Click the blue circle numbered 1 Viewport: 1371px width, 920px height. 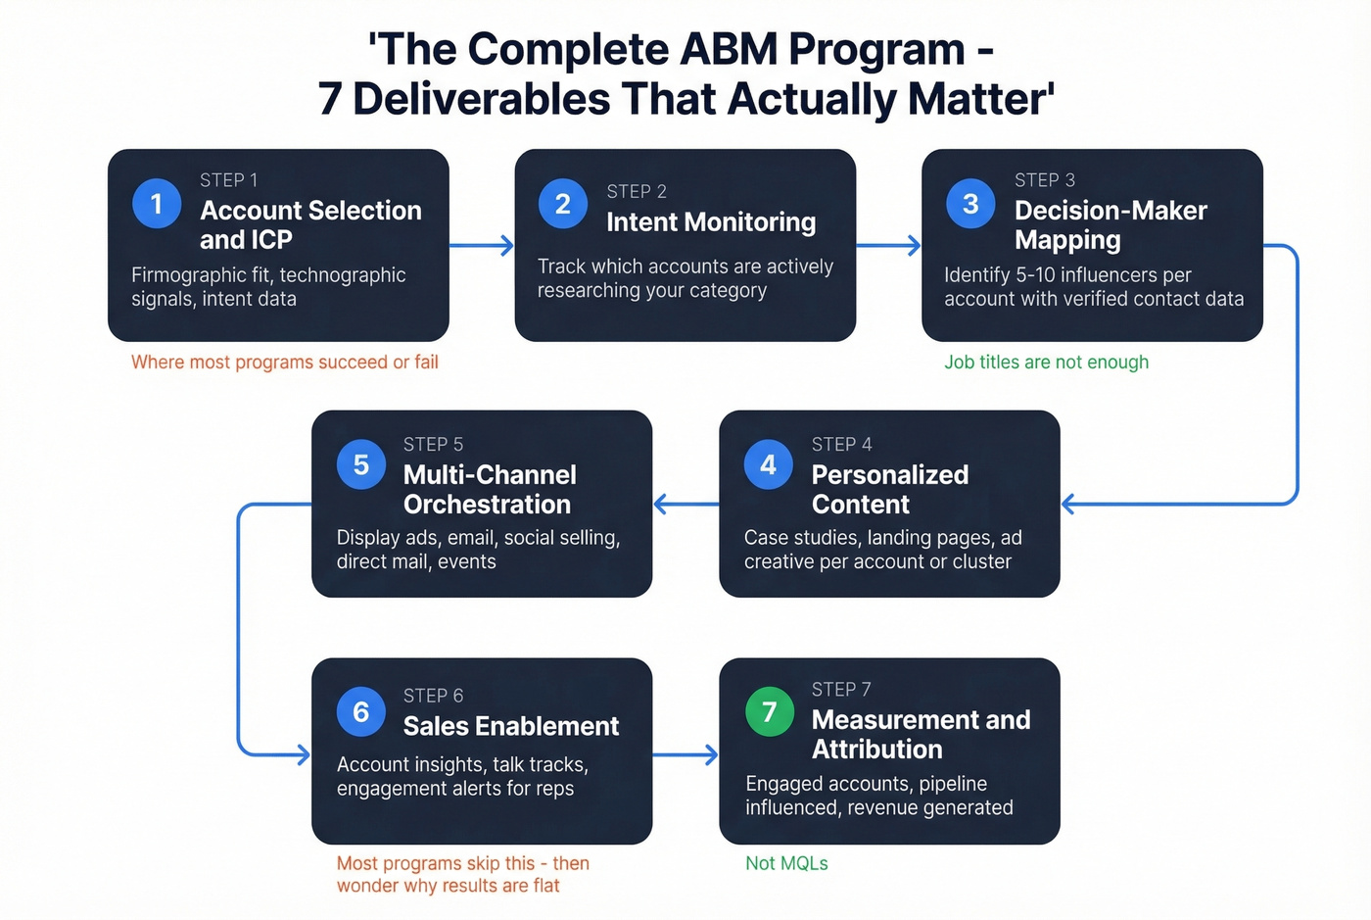point(157,204)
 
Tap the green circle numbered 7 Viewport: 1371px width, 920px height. point(770,712)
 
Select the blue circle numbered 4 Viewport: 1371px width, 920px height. point(769,464)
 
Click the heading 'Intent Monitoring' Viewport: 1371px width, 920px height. point(711,222)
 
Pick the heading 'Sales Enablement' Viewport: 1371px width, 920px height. point(511,726)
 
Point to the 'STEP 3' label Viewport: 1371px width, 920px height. point(1045,180)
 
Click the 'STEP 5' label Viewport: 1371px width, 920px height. point(433,445)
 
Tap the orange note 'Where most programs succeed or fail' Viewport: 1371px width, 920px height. point(285,363)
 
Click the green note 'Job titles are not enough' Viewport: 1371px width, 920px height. point(1046,363)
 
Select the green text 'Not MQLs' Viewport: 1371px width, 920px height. point(786,863)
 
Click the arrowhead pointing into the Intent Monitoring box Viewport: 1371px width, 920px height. point(507,245)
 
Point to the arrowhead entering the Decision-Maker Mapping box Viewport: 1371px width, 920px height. point(915,245)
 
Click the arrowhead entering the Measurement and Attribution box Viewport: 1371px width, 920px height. point(712,754)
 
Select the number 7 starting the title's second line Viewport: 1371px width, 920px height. point(330,99)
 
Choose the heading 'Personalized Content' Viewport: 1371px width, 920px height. point(889,489)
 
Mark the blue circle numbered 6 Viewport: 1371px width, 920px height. point(361,712)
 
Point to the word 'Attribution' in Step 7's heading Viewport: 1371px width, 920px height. point(876,750)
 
